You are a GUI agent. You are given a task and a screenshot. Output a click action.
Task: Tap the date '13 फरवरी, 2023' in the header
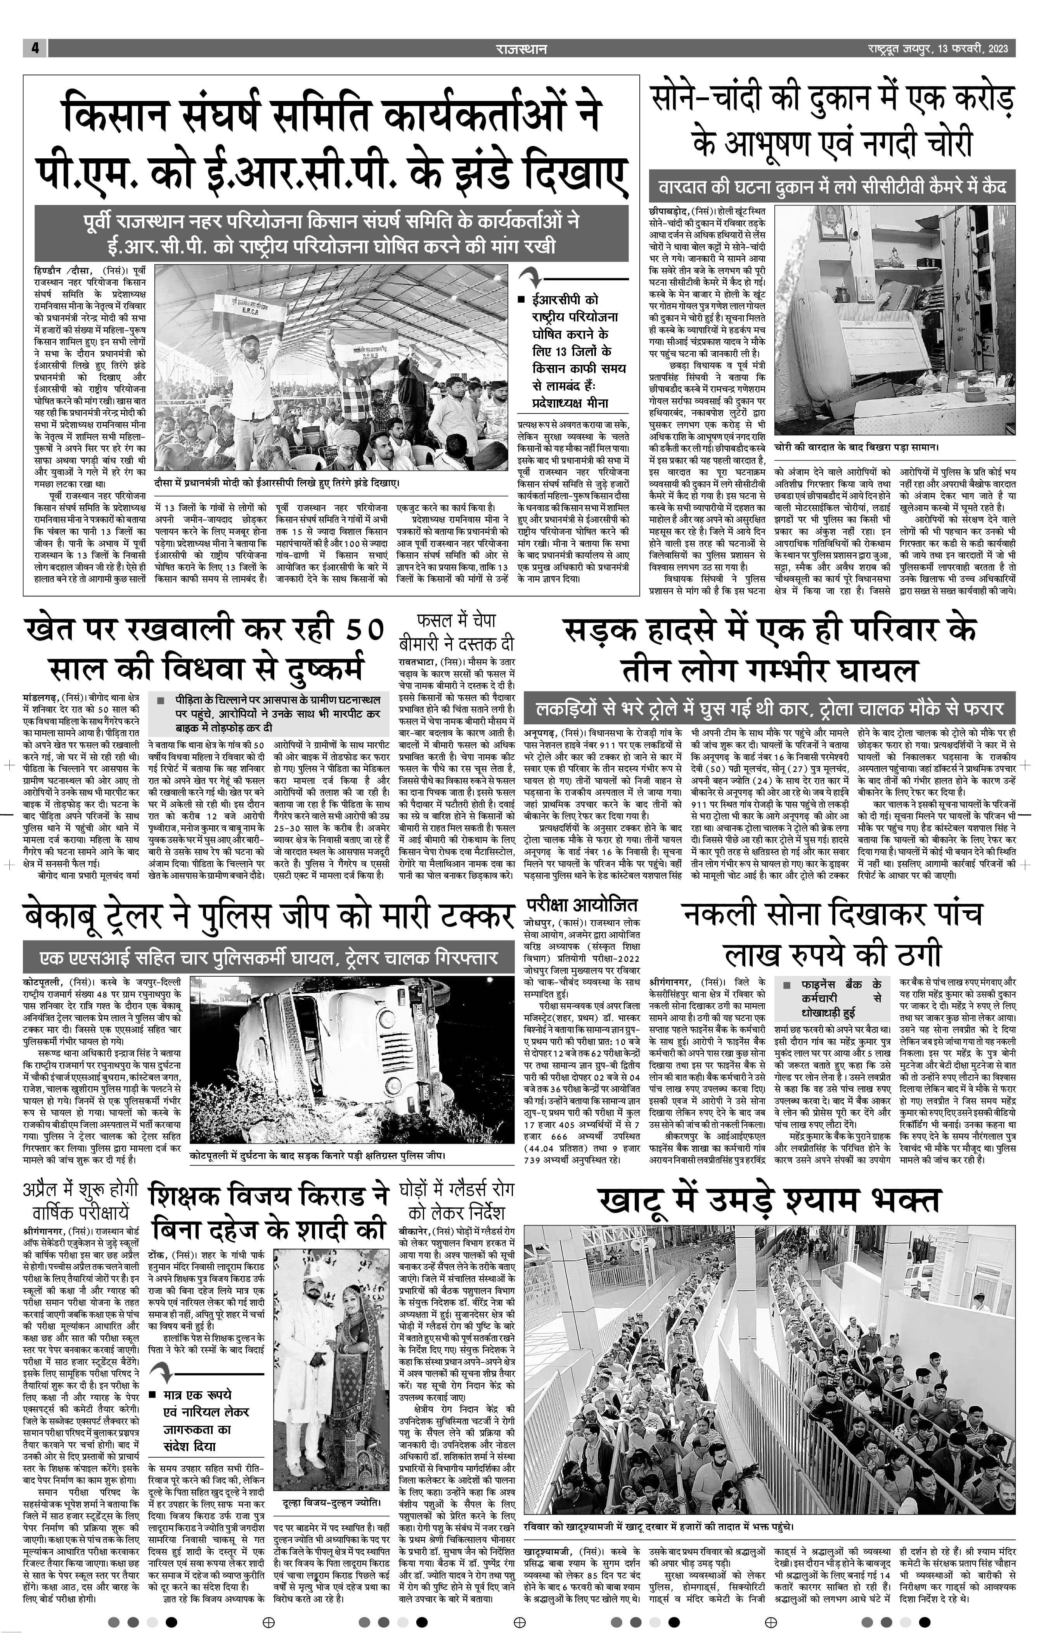tap(973, 49)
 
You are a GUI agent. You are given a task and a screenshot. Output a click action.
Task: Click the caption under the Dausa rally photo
tap(277, 483)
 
